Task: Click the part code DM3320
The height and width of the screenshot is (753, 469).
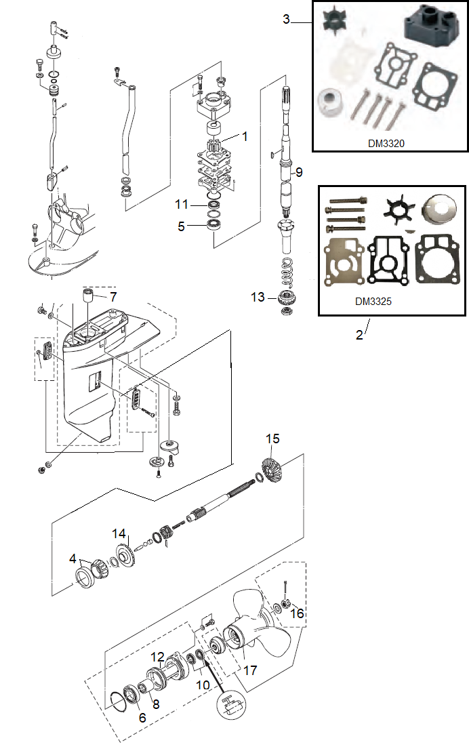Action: click(x=386, y=143)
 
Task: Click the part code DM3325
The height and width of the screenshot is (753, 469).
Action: click(x=373, y=301)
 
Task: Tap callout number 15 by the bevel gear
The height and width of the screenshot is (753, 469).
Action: click(x=272, y=439)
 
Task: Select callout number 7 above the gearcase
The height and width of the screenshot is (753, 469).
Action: click(x=113, y=297)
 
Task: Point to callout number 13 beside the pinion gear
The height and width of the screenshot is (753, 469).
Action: click(x=258, y=297)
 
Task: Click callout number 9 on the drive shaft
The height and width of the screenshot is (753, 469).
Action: click(x=299, y=172)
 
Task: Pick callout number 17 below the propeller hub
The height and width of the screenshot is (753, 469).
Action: click(x=250, y=670)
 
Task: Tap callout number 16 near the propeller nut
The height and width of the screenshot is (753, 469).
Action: click(x=297, y=613)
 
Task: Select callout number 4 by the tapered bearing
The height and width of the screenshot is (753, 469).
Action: click(x=73, y=558)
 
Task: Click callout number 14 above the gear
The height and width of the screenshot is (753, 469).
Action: click(x=119, y=533)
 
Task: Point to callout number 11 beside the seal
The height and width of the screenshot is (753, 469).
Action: click(x=182, y=205)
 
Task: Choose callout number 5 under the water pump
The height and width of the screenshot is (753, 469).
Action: click(x=181, y=226)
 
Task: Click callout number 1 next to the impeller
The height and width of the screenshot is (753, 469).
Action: click(x=245, y=136)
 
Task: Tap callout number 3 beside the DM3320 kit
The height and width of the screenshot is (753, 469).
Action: click(x=286, y=19)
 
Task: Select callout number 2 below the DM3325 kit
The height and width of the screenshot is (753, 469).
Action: click(x=359, y=335)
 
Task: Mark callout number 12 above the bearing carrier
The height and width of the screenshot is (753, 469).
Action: click(x=157, y=657)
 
